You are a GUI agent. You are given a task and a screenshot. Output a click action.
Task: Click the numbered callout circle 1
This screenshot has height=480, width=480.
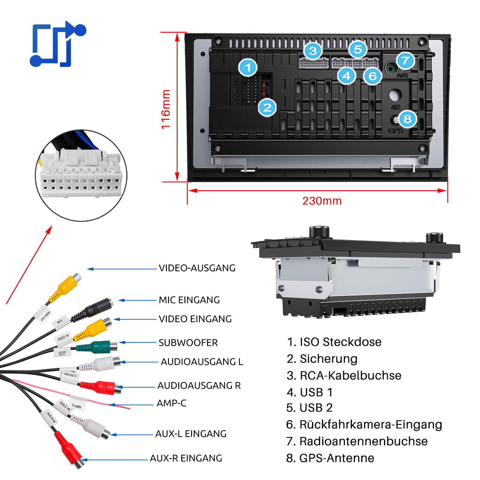248,67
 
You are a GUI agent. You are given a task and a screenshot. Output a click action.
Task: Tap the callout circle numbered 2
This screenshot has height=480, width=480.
267,108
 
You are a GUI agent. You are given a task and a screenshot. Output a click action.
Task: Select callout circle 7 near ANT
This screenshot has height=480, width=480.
405,61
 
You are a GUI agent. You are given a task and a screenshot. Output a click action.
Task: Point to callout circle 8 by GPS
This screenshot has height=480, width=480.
407,119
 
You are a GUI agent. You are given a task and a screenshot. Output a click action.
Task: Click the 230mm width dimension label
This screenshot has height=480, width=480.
322,201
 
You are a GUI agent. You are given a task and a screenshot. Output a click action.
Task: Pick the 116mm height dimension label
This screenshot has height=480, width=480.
166,109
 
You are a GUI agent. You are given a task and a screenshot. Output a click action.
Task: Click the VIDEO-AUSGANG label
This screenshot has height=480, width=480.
197,268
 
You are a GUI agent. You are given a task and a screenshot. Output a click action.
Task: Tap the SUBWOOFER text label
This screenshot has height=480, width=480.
188,343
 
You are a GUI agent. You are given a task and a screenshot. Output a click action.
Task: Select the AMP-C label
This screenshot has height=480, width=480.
172,403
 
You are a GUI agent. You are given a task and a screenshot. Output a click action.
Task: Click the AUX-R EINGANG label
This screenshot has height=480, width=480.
186,458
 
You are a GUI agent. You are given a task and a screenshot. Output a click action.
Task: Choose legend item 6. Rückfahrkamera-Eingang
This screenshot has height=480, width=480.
364,424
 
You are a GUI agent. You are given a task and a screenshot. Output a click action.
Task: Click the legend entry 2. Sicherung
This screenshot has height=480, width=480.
322,359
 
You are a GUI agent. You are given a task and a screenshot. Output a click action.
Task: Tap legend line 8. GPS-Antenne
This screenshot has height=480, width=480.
330,458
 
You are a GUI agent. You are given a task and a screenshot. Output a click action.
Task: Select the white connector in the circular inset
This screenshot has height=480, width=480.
81,174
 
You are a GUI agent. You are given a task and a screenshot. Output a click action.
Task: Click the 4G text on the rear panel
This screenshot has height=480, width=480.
395,107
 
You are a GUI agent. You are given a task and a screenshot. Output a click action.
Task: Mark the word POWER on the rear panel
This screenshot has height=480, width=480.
236,90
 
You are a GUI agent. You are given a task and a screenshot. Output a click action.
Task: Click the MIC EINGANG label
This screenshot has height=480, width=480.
189,300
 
